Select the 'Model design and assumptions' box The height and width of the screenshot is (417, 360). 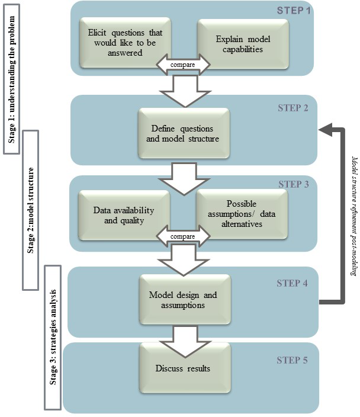click(183, 300)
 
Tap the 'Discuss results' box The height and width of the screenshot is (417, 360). click(183, 368)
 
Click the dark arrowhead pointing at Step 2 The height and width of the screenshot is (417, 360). click(325, 129)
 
